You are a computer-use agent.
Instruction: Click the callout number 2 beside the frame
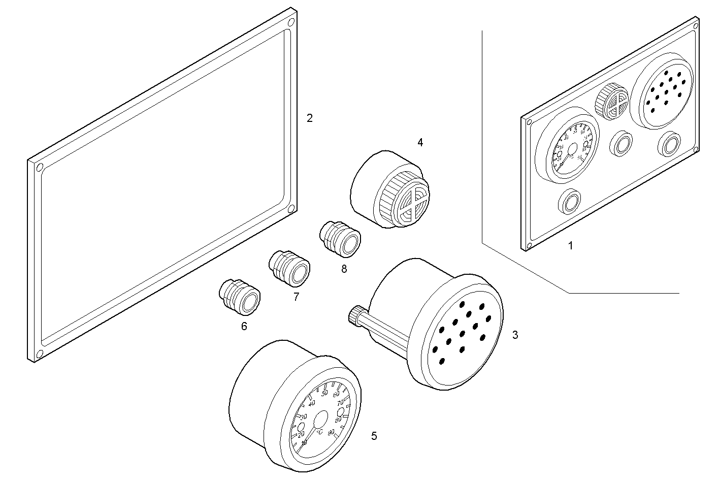click(x=309, y=118)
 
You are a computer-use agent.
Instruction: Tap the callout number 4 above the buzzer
click(x=420, y=143)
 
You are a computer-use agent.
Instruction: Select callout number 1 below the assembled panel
click(x=570, y=246)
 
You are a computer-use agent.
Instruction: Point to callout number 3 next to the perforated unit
click(x=515, y=335)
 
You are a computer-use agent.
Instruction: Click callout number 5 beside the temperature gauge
click(x=374, y=436)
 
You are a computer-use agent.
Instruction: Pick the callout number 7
click(x=296, y=297)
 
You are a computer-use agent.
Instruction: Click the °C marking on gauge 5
click(x=319, y=432)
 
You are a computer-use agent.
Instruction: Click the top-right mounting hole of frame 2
click(x=290, y=23)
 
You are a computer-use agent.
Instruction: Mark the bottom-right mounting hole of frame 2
click(x=290, y=209)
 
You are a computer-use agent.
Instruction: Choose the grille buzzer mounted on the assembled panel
click(x=612, y=101)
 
